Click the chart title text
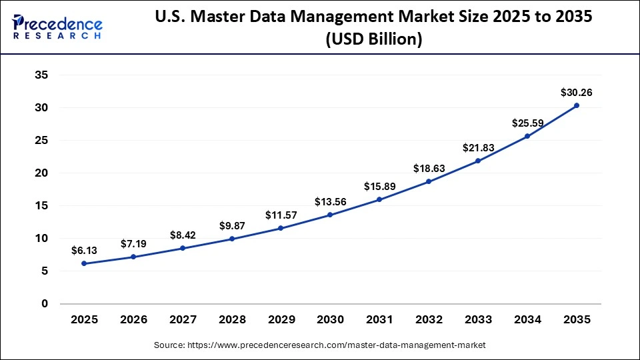tap(373, 27)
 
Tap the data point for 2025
tap(84, 263)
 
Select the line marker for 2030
tap(330, 215)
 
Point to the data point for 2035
tap(576, 105)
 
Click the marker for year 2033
tap(478, 161)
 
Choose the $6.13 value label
tap(84, 250)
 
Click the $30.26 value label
tap(576, 92)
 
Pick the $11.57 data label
tap(281, 215)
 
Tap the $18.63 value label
tap(429, 168)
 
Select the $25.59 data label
tap(527, 123)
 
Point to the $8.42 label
tap(183, 235)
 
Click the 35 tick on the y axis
tap(41, 75)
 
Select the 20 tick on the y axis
tap(41, 173)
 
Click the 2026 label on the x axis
tap(133, 320)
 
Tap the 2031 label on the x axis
tap(379, 320)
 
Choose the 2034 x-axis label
tap(527, 320)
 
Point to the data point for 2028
tap(232, 239)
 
